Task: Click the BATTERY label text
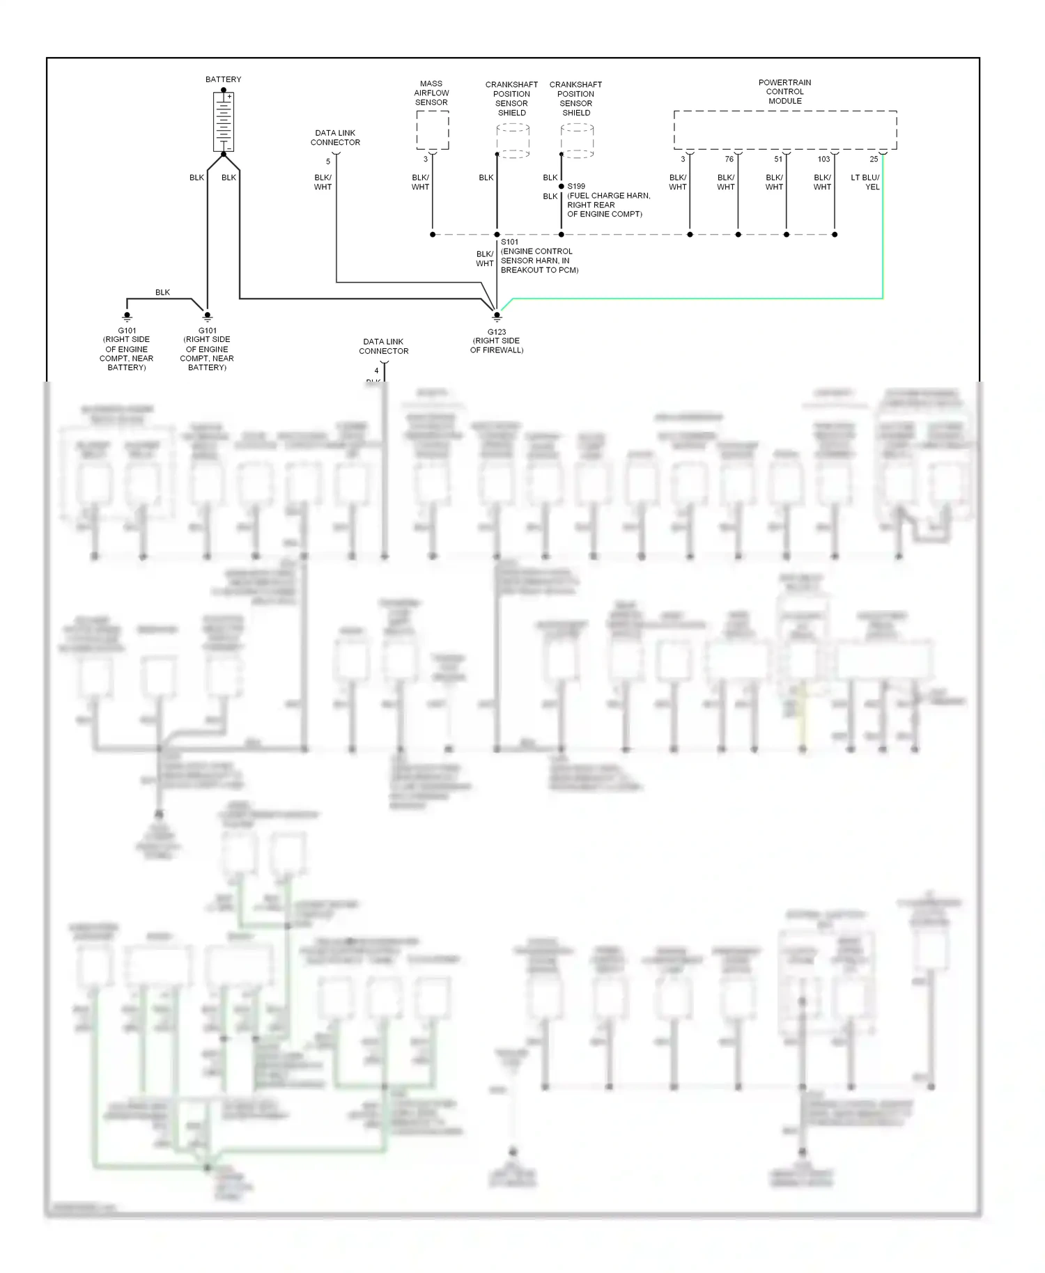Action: coord(223,79)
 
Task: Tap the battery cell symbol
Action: coord(223,122)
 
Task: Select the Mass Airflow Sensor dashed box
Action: coord(432,130)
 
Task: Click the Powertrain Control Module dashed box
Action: coord(784,130)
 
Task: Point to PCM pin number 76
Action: coord(729,159)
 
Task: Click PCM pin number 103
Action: coord(823,159)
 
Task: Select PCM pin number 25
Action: coord(874,159)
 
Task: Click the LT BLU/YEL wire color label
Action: coord(865,182)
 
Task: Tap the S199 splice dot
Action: coord(562,187)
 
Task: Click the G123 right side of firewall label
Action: coord(497,341)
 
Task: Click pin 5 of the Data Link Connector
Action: coord(328,162)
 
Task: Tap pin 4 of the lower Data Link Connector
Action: coord(376,370)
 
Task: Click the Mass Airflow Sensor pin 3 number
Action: coord(426,159)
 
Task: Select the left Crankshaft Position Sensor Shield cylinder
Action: coord(513,141)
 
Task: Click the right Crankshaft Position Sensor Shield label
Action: coord(575,98)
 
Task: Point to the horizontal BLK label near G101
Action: coord(162,292)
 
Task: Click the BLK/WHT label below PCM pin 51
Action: coord(774,182)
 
